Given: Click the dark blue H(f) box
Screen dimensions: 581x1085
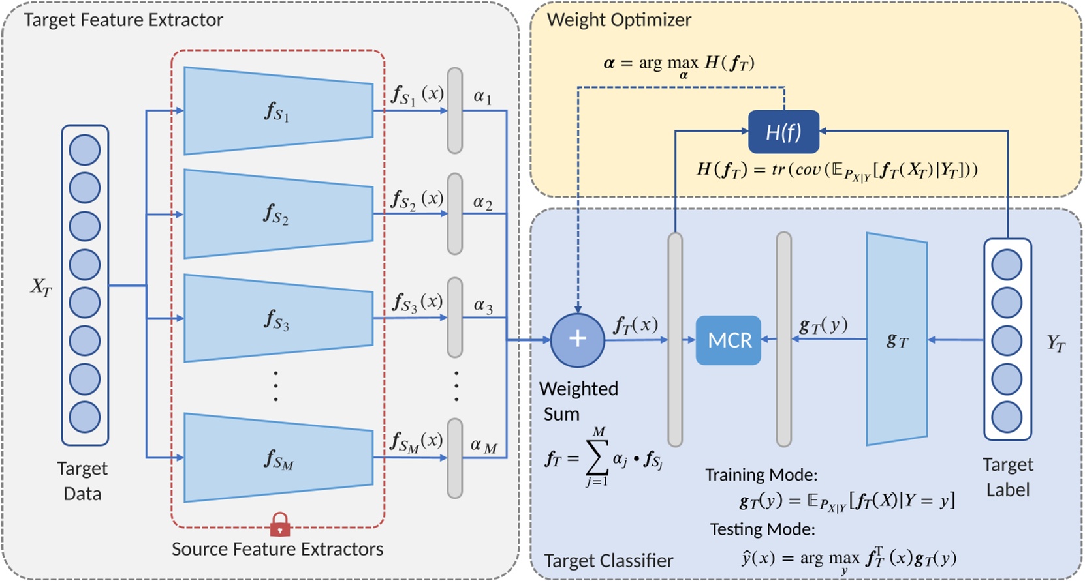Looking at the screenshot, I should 783,132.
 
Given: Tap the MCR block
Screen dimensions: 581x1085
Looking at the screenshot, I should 729,340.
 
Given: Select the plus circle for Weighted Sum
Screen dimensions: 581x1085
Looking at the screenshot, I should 577,339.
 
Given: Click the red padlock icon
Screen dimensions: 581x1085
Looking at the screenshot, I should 280,524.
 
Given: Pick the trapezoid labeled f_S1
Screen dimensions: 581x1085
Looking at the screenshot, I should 278,111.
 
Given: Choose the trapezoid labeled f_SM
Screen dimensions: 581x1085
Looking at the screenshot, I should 278,458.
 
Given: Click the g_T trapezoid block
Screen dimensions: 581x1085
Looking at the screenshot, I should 896,340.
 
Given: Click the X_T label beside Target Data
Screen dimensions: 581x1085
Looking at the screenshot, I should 40,287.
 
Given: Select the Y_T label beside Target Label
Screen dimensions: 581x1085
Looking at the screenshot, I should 1056,342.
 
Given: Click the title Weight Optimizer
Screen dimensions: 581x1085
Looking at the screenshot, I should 618,20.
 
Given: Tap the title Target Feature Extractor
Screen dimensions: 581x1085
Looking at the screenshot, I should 123,20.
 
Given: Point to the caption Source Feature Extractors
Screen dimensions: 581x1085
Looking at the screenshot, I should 277,549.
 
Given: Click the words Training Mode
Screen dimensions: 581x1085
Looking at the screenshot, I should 761,475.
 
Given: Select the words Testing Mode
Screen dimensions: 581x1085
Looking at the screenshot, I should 762,529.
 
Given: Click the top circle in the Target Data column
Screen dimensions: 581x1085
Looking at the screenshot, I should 85,150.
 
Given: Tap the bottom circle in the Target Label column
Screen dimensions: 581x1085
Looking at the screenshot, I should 1007,417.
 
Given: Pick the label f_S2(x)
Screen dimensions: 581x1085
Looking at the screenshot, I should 417,199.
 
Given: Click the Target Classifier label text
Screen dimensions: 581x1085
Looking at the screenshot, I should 608,561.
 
